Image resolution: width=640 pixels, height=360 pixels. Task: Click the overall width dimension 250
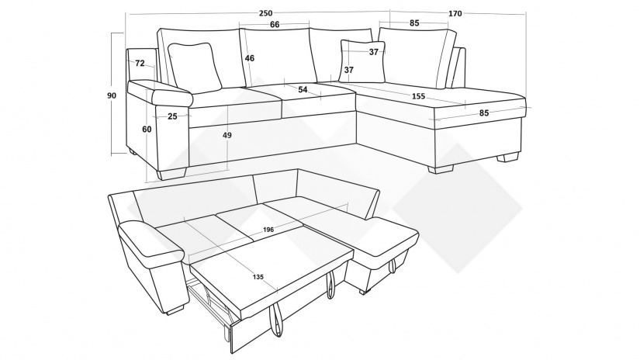pyautogui.click(x=265, y=13)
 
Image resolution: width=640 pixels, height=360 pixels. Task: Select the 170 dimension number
pyautogui.click(x=455, y=13)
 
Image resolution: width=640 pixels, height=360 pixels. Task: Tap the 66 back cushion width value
pyautogui.click(x=275, y=25)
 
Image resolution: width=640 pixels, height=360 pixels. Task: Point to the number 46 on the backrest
pyautogui.click(x=250, y=58)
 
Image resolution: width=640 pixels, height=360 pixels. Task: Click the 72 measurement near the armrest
pyautogui.click(x=140, y=64)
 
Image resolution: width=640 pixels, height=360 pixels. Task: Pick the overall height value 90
pyautogui.click(x=112, y=95)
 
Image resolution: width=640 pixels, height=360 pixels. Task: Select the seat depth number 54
pyautogui.click(x=303, y=89)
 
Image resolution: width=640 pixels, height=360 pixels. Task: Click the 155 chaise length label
pyautogui.click(x=418, y=96)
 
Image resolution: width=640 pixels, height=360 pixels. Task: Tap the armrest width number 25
pyautogui.click(x=172, y=116)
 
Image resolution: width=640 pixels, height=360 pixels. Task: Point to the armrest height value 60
pyautogui.click(x=147, y=129)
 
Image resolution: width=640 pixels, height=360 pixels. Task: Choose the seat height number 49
pyautogui.click(x=227, y=135)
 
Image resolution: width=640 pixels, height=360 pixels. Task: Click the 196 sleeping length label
pyautogui.click(x=268, y=230)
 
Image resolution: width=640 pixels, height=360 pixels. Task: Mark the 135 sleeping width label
pyautogui.click(x=258, y=277)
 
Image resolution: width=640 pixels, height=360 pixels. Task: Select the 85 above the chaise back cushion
pyautogui.click(x=414, y=22)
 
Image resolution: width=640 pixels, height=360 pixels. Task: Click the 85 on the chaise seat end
pyautogui.click(x=484, y=112)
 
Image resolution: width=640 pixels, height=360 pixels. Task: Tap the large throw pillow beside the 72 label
pyautogui.click(x=195, y=67)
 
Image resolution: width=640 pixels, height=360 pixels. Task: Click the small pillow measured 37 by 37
pyautogui.click(x=362, y=61)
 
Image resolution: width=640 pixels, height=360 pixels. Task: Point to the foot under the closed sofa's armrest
pyautogui.click(x=172, y=173)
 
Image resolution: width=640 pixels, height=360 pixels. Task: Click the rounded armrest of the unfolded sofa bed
pyautogui.click(x=150, y=241)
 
